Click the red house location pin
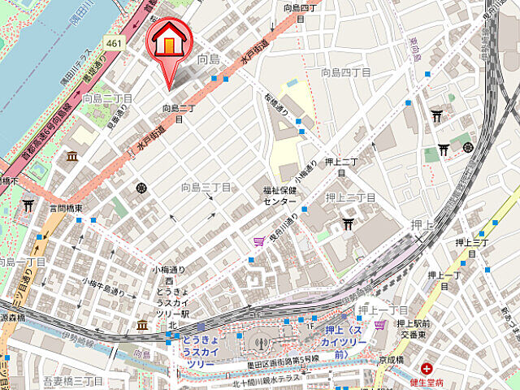pos(167,41)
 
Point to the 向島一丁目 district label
pos(21,262)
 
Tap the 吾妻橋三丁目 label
pos(73,380)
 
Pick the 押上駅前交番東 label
pos(413,326)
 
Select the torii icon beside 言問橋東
pos(28,205)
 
